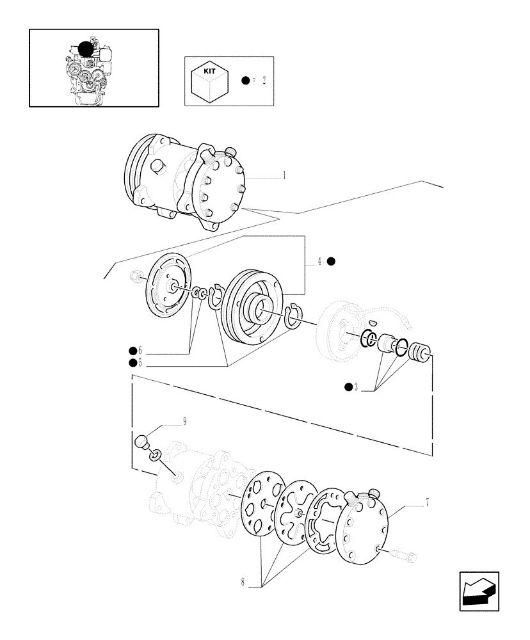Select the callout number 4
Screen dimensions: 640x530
point(318,261)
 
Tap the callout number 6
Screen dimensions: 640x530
point(139,351)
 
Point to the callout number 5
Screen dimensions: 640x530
point(139,363)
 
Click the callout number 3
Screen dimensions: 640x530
point(356,387)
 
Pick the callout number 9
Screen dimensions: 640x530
point(185,422)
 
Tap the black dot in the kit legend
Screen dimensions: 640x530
point(245,81)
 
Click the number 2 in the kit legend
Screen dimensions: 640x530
point(263,81)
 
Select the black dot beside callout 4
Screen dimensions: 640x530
point(331,261)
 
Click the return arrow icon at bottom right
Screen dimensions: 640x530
point(478,591)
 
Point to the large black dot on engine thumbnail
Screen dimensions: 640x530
point(85,49)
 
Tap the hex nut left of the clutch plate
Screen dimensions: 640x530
point(135,277)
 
